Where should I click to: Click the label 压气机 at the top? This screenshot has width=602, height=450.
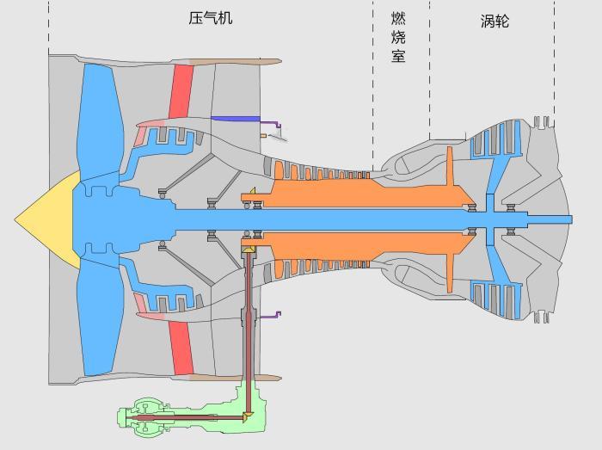point(211,18)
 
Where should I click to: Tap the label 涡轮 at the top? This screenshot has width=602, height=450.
point(494,21)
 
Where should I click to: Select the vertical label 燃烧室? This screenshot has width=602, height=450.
point(397,37)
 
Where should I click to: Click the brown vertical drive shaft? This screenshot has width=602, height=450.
point(248,327)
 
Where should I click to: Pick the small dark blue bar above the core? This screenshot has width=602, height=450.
point(235,119)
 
